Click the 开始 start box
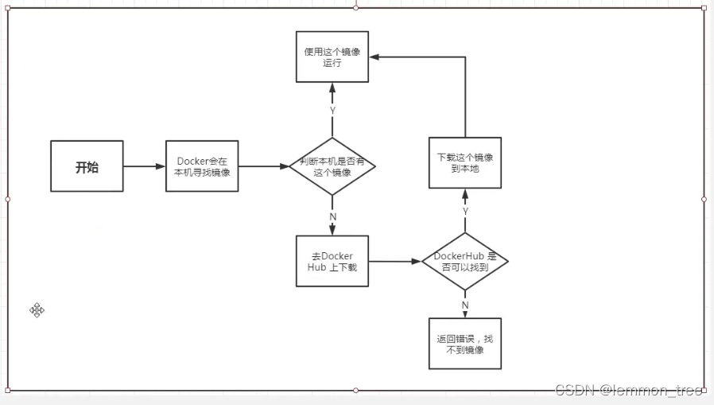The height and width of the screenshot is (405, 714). click(x=87, y=166)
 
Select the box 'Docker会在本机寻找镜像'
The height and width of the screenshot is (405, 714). click(x=202, y=166)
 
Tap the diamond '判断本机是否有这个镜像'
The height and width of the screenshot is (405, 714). click(x=332, y=166)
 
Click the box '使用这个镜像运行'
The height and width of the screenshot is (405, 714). click(x=332, y=56)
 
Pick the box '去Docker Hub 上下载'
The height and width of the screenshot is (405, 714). click(x=332, y=261)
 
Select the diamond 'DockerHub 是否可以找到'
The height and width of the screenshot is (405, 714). click(x=464, y=261)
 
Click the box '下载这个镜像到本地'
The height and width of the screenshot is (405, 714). click(x=464, y=162)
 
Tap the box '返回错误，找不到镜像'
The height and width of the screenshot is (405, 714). click(x=464, y=344)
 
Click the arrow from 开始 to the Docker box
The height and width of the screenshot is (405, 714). click(x=144, y=166)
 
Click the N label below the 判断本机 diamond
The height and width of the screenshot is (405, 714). click(x=332, y=216)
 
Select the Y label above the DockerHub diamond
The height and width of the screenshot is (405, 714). click(x=465, y=210)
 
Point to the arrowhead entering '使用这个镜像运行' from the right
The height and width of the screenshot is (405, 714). click(x=374, y=57)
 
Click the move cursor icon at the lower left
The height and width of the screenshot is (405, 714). click(x=37, y=310)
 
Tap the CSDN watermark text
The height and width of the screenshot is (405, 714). click(x=628, y=390)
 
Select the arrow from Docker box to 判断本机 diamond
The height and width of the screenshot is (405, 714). click(x=263, y=166)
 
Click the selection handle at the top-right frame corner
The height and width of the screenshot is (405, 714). click(x=704, y=7)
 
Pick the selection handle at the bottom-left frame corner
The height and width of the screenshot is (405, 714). click(x=8, y=390)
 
